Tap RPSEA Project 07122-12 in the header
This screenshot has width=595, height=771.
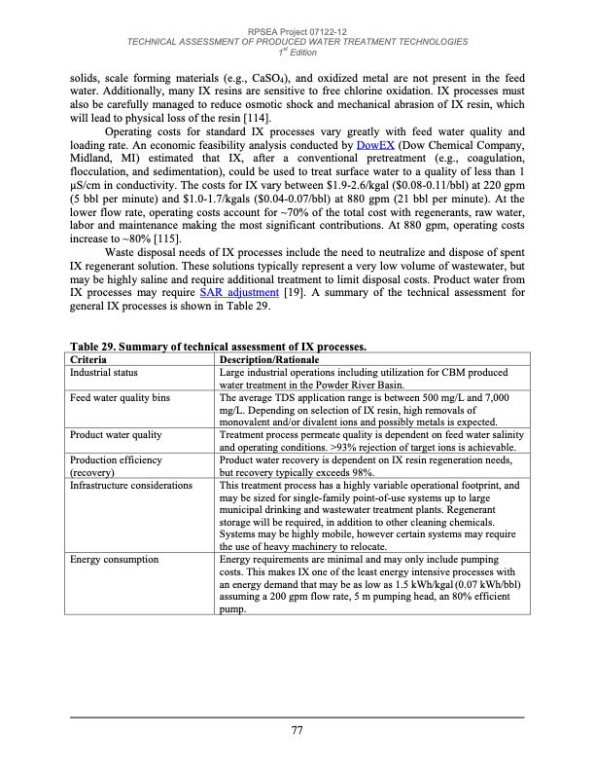(297, 31)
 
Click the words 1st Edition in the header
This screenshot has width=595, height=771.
(297, 52)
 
